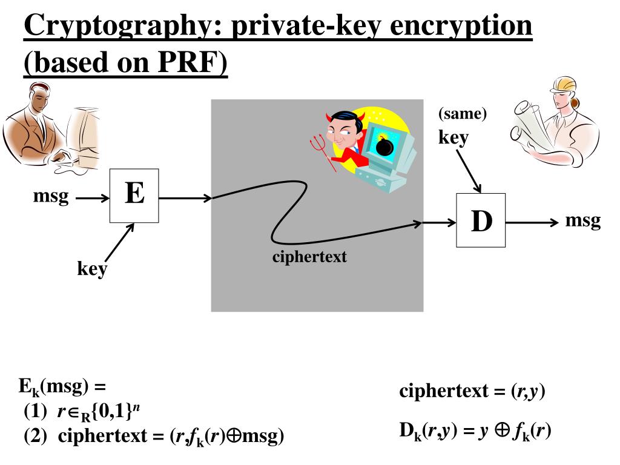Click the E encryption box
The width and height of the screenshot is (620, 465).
[134, 196]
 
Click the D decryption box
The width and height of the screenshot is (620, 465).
[481, 220]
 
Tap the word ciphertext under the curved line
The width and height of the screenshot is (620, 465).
[309, 257]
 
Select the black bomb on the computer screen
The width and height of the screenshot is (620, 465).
[384, 146]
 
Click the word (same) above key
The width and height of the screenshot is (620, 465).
[463, 114]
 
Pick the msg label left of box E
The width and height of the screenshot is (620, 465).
[51, 197]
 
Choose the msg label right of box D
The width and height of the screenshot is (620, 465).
[582, 220]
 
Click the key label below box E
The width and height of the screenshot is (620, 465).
[91, 268]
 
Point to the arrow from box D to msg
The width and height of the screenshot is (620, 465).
[532, 222]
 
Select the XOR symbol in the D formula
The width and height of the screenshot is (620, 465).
[502, 432]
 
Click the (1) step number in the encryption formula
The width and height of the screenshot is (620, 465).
[35, 413]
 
